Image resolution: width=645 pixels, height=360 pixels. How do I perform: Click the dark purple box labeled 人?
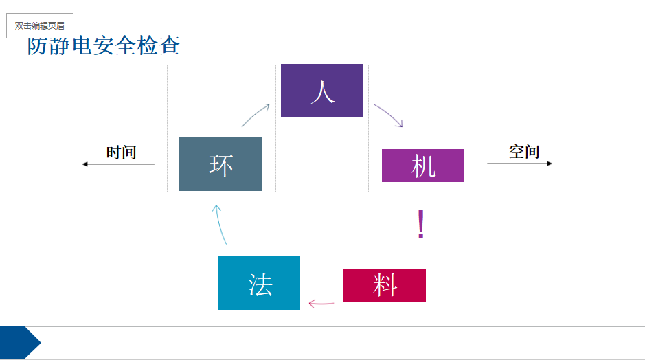[x=321, y=91]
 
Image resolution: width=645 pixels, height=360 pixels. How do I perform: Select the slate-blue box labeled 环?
[x=220, y=164]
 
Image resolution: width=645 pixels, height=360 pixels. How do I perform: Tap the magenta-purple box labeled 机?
[x=423, y=166]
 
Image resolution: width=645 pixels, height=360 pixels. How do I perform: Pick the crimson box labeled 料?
[x=385, y=286]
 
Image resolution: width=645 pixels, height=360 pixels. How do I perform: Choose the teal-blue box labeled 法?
[x=259, y=283]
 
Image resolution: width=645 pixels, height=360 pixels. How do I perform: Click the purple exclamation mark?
[x=420, y=223]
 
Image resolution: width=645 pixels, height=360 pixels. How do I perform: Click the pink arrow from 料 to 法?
[x=321, y=304]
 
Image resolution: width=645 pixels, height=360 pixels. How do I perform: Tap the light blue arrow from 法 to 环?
[x=219, y=224]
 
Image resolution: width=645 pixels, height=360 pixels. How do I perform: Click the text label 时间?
[x=122, y=153]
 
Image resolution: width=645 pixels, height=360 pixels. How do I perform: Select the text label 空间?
[x=524, y=151]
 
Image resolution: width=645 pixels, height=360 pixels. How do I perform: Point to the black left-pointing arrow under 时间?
[x=118, y=164]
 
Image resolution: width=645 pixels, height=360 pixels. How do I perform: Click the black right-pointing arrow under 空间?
[x=519, y=164]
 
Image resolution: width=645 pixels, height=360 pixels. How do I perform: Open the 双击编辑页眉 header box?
[x=40, y=25]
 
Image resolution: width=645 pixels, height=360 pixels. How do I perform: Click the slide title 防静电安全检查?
[x=104, y=45]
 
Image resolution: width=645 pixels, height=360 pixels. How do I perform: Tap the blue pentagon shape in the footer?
[x=20, y=342]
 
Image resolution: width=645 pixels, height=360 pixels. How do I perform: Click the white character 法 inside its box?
[x=260, y=284]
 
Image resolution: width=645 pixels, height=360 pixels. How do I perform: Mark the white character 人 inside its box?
[x=323, y=92]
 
